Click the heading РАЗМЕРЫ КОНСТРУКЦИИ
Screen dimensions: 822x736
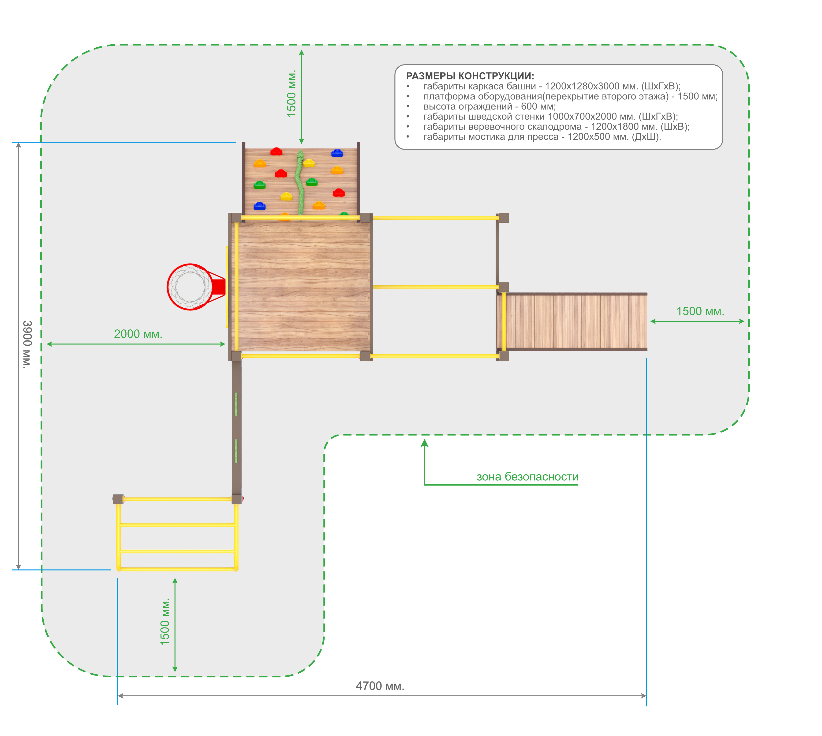pos(470,76)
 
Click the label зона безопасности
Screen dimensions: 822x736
pos(527,476)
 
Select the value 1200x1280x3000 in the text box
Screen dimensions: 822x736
pos(582,86)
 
